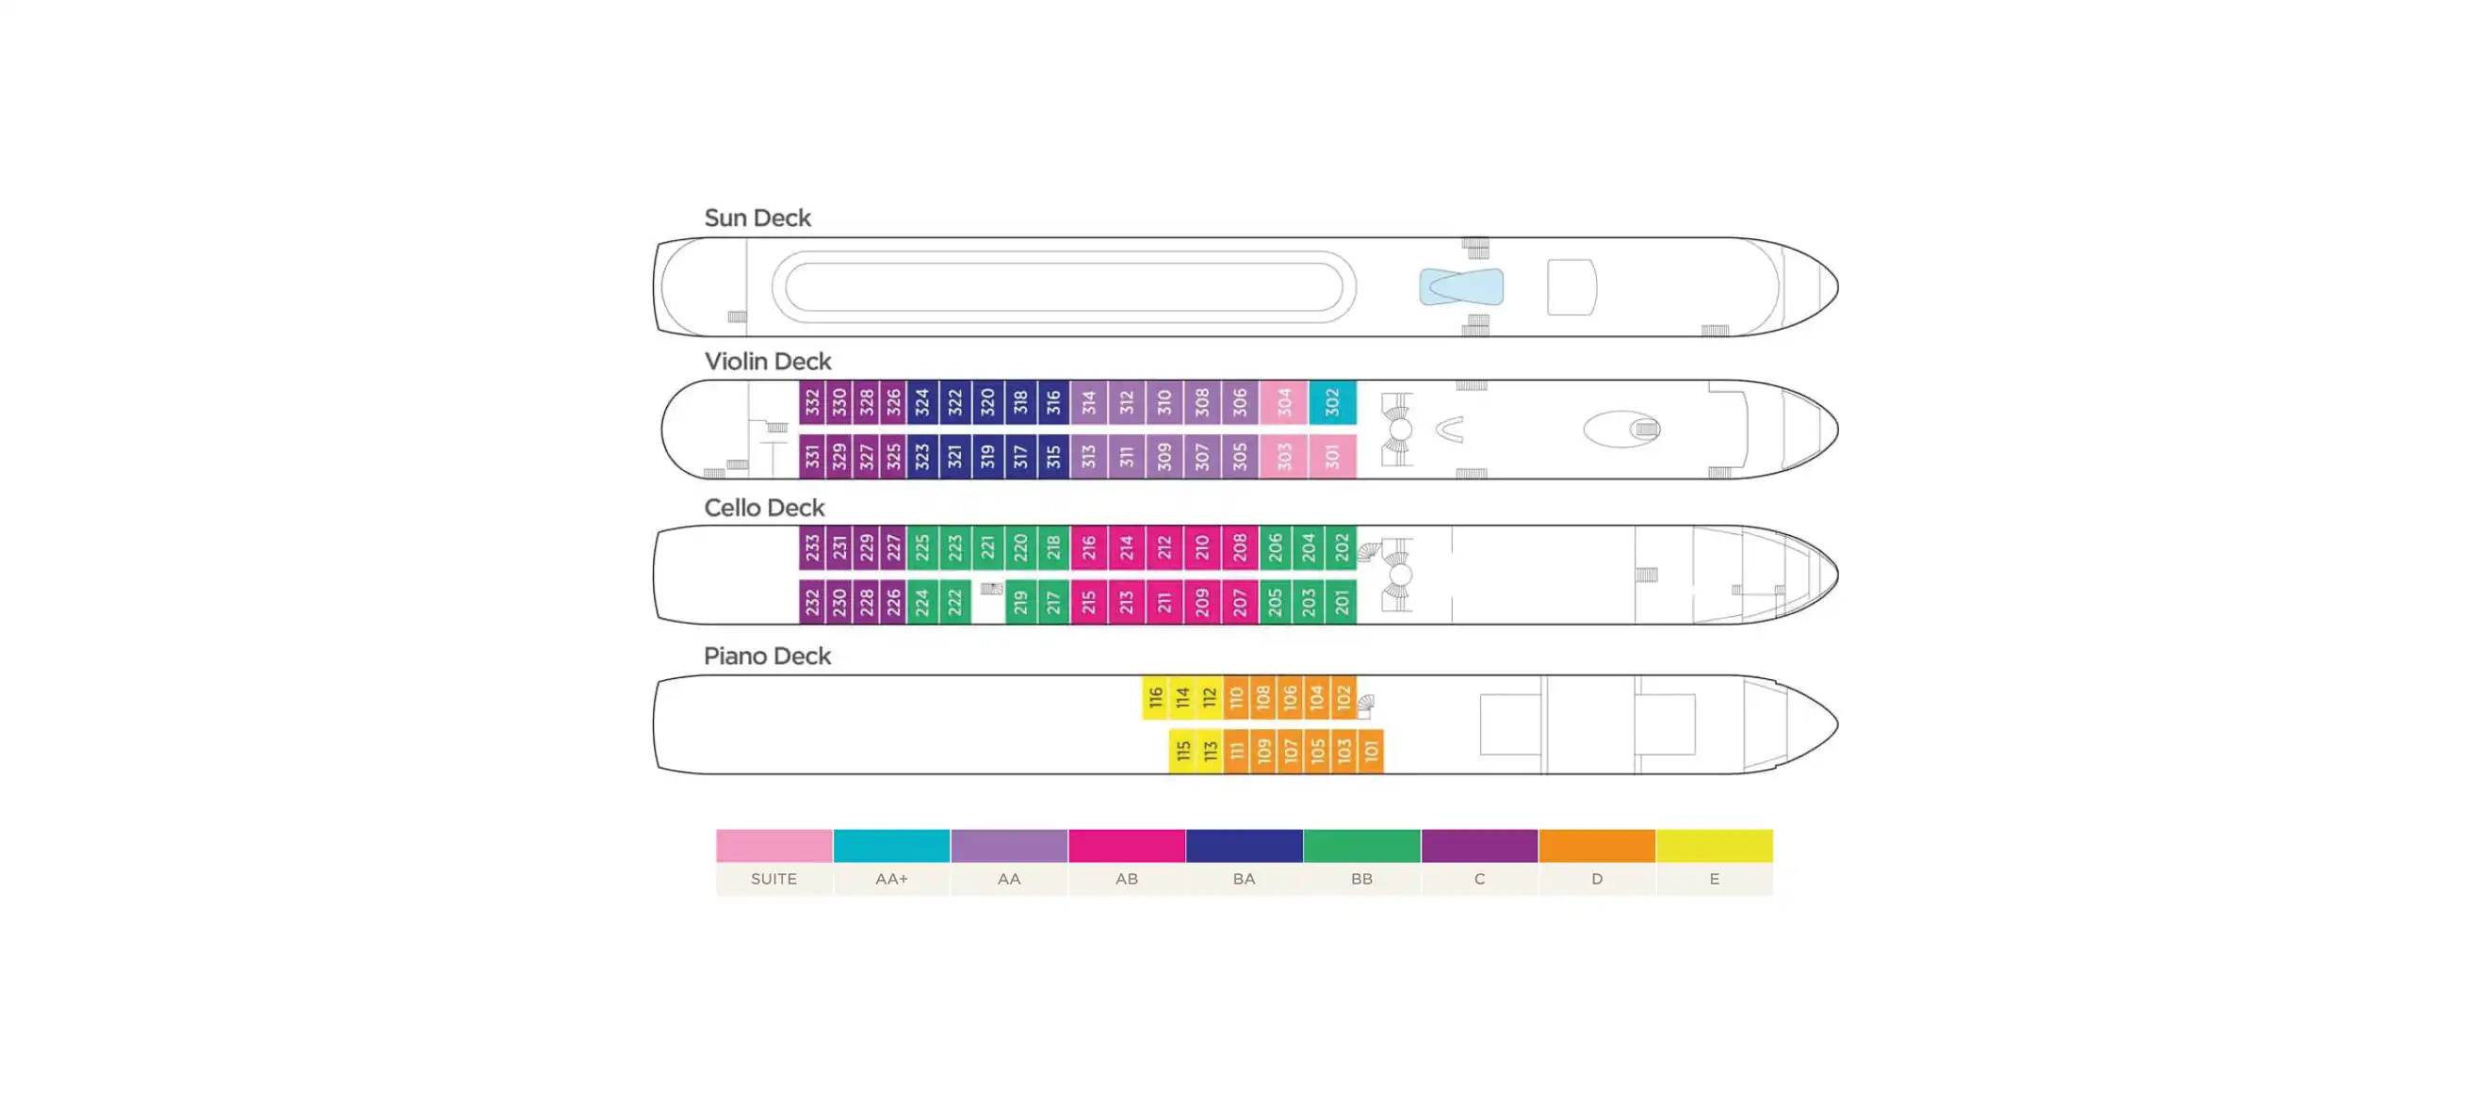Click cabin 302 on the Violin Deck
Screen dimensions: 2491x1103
[1331, 402]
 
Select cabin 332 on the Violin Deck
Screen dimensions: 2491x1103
[812, 402]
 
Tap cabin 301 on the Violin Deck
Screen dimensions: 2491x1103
[1331, 456]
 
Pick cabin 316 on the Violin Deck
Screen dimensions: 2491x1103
[1053, 402]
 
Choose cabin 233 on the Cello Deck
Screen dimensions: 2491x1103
[812, 548]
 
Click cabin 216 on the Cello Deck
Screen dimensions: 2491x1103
[1089, 548]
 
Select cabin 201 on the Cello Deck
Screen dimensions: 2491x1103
[1342, 602]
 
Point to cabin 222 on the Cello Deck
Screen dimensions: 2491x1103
[954, 602]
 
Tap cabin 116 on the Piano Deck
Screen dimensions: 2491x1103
[1155, 697]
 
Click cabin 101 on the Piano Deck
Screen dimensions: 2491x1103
[1370, 751]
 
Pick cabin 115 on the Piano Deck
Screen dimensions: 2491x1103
[1182, 751]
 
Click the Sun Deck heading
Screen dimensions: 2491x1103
[757, 219]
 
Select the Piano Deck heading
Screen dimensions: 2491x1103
[767, 657]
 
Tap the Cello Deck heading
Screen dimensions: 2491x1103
[764, 509]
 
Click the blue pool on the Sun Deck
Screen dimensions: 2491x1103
[1461, 287]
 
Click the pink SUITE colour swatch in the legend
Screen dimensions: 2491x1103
[774, 846]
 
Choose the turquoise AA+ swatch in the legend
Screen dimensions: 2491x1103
[891, 846]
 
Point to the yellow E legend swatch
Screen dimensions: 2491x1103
[1715, 846]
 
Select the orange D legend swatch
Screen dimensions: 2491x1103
[1597, 846]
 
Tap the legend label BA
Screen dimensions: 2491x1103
[1244, 879]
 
